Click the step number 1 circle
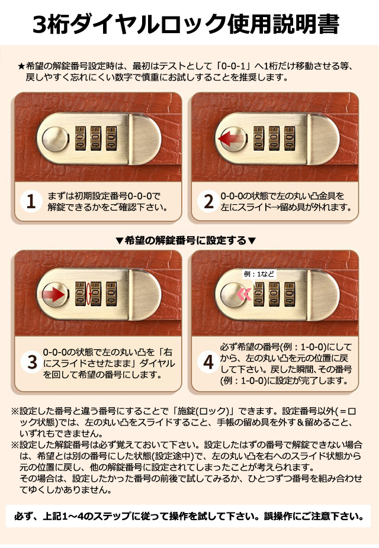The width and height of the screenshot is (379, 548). pos(31,202)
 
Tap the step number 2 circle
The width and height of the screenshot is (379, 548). pos(208,202)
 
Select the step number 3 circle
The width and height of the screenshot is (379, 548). pos(32,362)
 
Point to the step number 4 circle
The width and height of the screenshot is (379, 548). pos(208,362)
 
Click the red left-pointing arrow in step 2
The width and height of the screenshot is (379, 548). pos(231,138)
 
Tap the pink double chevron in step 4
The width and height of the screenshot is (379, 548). pos(245,295)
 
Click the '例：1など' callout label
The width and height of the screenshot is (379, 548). pos(259,274)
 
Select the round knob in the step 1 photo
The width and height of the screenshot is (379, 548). pos(55,139)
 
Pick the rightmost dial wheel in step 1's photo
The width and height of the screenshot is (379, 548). pos(111,138)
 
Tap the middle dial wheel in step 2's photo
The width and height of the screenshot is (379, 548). pos(274,138)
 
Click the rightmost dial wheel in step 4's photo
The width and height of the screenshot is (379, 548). pos(290,295)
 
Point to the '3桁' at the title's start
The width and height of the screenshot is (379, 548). pos(53,25)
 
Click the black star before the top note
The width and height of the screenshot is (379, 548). pos(22,66)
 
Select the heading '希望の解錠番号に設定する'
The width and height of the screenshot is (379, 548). pos(186,240)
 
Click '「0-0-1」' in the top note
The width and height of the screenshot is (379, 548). pos(235,66)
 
